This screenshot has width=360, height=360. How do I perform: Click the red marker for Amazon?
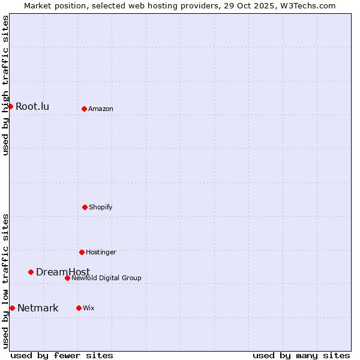pyautogui.click(x=84, y=109)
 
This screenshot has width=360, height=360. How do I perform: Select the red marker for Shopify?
pyautogui.click(x=85, y=207)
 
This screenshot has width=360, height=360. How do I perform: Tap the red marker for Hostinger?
pyautogui.click(x=82, y=252)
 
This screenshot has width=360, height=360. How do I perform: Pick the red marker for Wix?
pyautogui.click(x=79, y=308)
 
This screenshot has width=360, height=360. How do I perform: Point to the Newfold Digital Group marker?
pyautogui.click(x=67, y=278)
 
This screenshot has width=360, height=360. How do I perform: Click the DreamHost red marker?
pyautogui.click(x=31, y=272)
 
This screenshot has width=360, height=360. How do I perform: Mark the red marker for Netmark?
pyautogui.click(x=12, y=308)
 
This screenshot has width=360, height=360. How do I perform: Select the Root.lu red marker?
pyautogui.click(x=10, y=106)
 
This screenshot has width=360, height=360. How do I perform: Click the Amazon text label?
pyautogui.click(x=101, y=109)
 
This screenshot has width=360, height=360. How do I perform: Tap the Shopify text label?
pyautogui.click(x=101, y=207)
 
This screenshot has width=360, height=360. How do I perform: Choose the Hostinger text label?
pyautogui.click(x=101, y=252)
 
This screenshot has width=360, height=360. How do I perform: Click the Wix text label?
pyautogui.click(x=89, y=308)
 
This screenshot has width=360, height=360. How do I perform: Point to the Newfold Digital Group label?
pyautogui.click(x=106, y=278)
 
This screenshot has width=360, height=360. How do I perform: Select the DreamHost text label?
pyautogui.click(x=63, y=272)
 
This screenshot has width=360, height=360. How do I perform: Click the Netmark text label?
pyautogui.click(x=38, y=308)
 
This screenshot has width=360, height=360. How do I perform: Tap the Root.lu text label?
pyautogui.click(x=32, y=106)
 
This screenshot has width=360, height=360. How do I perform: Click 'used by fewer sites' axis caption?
pyautogui.click(x=62, y=355)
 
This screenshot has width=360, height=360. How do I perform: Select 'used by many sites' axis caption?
pyautogui.click(x=301, y=355)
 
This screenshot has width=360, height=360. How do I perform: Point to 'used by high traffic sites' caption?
pyautogui.click(x=5, y=85)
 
